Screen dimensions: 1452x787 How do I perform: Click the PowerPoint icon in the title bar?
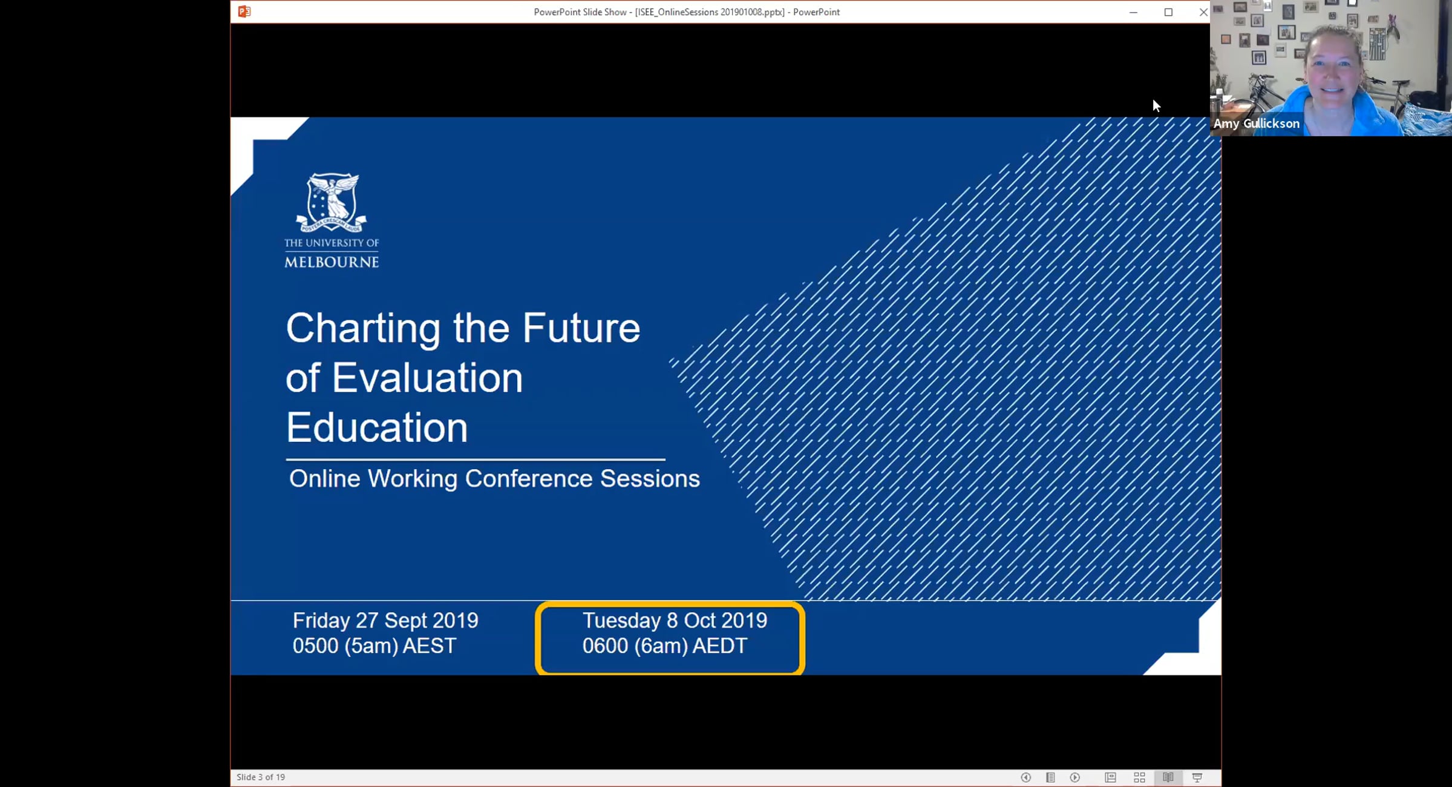coord(244,12)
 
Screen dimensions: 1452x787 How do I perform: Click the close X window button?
coord(1203,12)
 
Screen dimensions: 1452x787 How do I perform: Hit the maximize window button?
coord(1168,12)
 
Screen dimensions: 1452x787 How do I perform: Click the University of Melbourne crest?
coord(332,203)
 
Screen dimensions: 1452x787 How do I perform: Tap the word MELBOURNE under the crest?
coord(332,262)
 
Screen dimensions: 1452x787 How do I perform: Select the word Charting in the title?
coord(363,329)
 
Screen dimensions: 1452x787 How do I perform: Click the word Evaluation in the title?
coord(427,378)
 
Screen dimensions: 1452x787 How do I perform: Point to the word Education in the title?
coord(377,427)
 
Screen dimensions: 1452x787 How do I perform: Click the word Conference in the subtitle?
coord(529,478)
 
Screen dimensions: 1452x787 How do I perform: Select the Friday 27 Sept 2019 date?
coord(385,621)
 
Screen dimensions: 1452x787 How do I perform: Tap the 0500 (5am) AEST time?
coord(374,646)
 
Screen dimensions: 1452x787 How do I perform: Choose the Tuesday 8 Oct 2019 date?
coord(675,621)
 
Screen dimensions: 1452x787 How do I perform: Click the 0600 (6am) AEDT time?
coord(665,646)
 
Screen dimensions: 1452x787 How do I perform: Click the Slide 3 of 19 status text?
coord(261,777)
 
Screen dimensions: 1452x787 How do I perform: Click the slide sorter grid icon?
coord(1139,777)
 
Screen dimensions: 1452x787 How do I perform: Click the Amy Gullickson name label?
coord(1256,123)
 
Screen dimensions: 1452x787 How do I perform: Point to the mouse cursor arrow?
coord(1156,106)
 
